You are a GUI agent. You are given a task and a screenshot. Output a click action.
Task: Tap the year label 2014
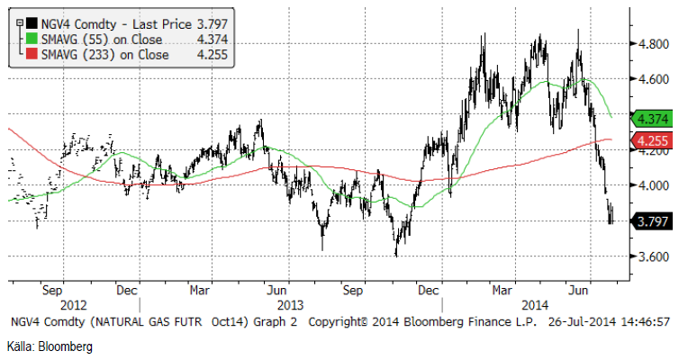536,305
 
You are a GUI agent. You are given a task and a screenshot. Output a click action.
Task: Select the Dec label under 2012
126,291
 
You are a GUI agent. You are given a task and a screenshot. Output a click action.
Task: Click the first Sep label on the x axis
51,291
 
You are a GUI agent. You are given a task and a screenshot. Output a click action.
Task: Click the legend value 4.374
208,38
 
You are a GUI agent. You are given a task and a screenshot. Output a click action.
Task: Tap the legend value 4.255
208,54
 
